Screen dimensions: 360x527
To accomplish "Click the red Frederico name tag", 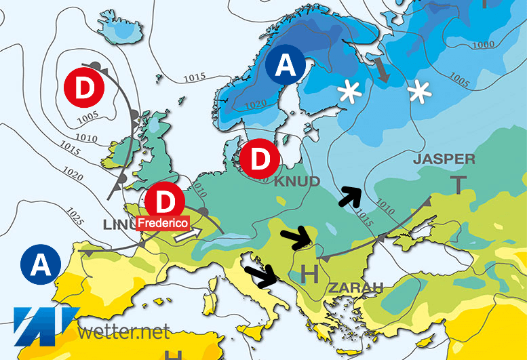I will (x=163, y=222).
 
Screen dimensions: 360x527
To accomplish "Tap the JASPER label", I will (x=444, y=159).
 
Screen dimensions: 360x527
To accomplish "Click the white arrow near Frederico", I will (x=188, y=235).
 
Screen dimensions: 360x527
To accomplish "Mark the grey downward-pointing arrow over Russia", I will (x=383, y=71).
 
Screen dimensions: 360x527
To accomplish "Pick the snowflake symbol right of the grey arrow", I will (x=418, y=91).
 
